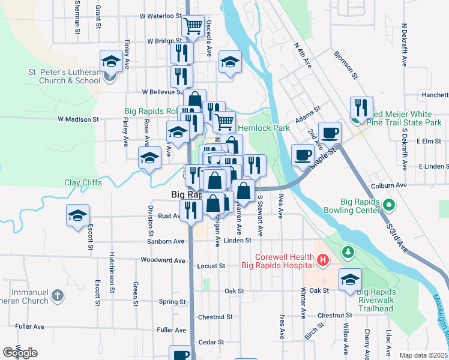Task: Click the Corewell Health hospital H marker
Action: pyautogui.click(x=322, y=260)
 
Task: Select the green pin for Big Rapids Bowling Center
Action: pyautogui.click(x=389, y=205)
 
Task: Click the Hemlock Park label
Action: pyautogui.click(x=264, y=128)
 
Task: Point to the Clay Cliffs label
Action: pyautogui.click(x=83, y=182)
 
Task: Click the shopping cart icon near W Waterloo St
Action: pyautogui.click(x=193, y=26)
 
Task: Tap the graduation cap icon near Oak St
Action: pyautogui.click(x=350, y=280)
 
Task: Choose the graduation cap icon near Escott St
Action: pyautogui.click(x=78, y=215)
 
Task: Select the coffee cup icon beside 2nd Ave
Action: pyautogui.click(x=329, y=133)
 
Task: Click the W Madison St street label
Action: pyautogui.click(x=78, y=119)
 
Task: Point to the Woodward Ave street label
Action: pyautogui.click(x=163, y=260)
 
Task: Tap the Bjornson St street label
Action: pyautogui.click(x=346, y=64)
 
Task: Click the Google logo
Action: pyautogui.click(x=20, y=353)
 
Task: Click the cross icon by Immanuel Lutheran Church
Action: pyautogui.click(x=57, y=295)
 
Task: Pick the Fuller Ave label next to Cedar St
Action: pyautogui.click(x=171, y=330)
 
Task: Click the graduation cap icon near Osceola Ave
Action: pyautogui.click(x=230, y=62)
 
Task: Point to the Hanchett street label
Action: pyautogui.click(x=435, y=95)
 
